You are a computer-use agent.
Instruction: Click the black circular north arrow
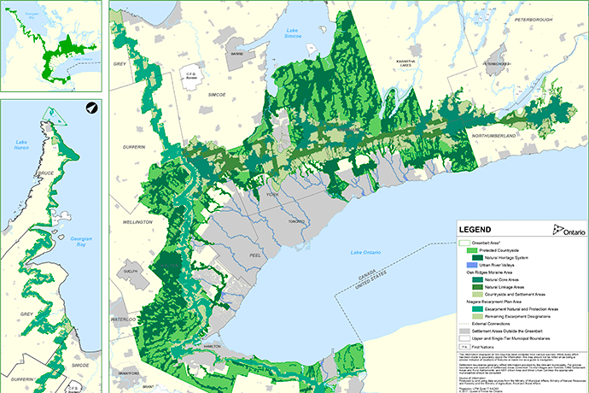coord(91,108)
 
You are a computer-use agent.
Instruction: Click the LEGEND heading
coord(476,231)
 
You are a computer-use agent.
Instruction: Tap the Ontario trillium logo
coord(569,231)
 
